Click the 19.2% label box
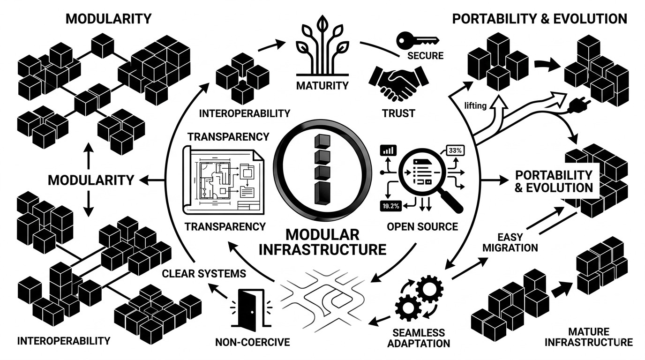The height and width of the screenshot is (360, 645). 390,205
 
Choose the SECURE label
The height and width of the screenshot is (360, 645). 425,56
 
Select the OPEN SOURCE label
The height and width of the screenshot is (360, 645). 422,226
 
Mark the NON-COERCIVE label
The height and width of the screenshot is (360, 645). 252,342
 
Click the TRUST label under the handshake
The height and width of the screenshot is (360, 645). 399,113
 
